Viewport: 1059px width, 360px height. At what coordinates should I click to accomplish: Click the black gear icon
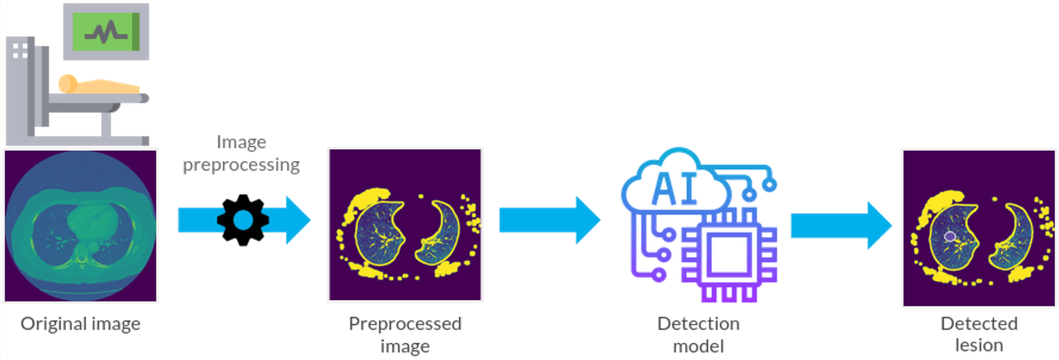coord(243,220)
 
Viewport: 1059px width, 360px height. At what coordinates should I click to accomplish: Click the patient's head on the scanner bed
coord(67,83)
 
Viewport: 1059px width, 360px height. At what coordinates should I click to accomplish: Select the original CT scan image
coord(81,226)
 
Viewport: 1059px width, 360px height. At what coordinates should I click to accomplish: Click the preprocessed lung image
coord(405,224)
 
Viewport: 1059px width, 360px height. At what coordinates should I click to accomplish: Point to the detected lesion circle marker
coord(950,236)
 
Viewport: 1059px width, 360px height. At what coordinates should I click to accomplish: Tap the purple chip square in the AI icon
coord(729,255)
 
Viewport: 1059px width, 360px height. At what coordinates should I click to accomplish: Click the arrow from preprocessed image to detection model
coord(549,220)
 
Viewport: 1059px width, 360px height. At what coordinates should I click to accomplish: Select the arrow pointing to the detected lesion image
coord(841,225)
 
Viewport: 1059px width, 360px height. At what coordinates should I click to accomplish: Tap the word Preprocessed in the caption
coord(405,324)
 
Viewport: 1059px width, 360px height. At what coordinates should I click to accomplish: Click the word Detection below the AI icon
coord(698,324)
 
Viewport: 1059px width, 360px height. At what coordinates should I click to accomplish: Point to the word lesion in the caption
coord(979,345)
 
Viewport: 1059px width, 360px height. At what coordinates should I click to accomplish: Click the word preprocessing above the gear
coord(242,165)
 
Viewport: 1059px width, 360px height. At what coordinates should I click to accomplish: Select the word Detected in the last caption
coord(979,324)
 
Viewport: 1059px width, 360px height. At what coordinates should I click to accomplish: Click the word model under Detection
coord(698,346)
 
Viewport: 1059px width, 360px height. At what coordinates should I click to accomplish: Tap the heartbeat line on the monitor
coord(105,31)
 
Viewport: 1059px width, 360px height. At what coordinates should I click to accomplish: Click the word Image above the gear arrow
coord(242,142)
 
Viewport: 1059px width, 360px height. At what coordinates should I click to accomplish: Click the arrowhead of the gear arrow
coord(297,220)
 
